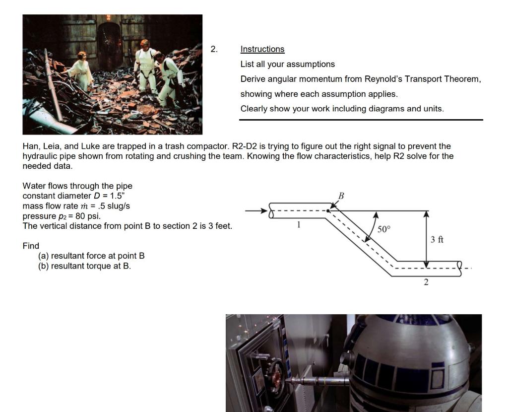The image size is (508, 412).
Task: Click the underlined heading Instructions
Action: [x=262, y=49]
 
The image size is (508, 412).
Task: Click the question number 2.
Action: [x=214, y=49]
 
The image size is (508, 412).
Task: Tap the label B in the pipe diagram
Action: [x=341, y=196]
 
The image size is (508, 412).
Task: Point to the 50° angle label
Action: [x=384, y=229]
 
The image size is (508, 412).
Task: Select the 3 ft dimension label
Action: [x=437, y=240]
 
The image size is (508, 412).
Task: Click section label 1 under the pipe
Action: [x=299, y=224]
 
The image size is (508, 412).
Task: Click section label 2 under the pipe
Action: [x=426, y=282]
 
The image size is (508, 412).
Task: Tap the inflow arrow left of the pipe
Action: [x=256, y=211]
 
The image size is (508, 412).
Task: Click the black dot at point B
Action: [x=328, y=210]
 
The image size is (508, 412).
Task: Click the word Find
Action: [x=31, y=246]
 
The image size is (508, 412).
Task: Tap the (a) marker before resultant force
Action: [x=44, y=256]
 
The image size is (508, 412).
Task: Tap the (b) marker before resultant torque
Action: [x=44, y=266]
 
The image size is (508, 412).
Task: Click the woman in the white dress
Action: [x=81, y=71]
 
